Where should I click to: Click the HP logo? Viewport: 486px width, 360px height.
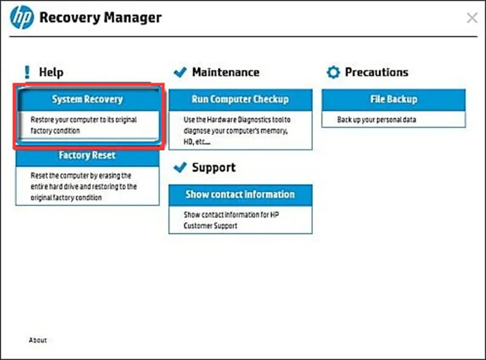pyautogui.click(x=22, y=18)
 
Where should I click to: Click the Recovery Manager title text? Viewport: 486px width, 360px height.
pyautogui.click(x=100, y=18)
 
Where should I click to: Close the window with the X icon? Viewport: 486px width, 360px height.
pyautogui.click(x=472, y=18)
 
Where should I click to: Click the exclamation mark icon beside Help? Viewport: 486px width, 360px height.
pyautogui.click(x=27, y=72)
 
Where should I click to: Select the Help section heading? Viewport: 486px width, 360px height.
pyautogui.click(x=51, y=72)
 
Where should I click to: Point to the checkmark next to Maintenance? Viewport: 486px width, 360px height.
pyautogui.click(x=180, y=72)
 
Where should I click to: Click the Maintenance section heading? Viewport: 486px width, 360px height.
pyautogui.click(x=225, y=72)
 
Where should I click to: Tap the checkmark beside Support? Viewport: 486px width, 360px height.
pyautogui.click(x=180, y=167)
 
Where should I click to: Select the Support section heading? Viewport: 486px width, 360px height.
pyautogui.click(x=214, y=168)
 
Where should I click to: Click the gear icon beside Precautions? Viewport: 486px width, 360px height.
pyautogui.click(x=333, y=72)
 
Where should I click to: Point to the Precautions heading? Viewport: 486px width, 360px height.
pyautogui.click(x=377, y=72)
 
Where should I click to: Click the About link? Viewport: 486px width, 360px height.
pyautogui.click(x=38, y=340)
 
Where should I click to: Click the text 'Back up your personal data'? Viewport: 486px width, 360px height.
pyautogui.click(x=377, y=120)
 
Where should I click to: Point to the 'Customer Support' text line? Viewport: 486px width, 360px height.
pyautogui.click(x=210, y=226)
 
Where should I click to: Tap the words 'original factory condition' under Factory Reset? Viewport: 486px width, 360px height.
pyautogui.click(x=66, y=198)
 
